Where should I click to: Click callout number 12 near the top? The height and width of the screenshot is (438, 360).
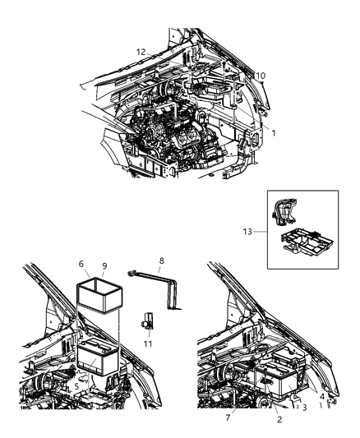tap(141, 52)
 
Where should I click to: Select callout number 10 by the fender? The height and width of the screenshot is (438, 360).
tap(261, 76)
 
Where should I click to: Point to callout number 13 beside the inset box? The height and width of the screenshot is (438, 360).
tap(258, 233)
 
